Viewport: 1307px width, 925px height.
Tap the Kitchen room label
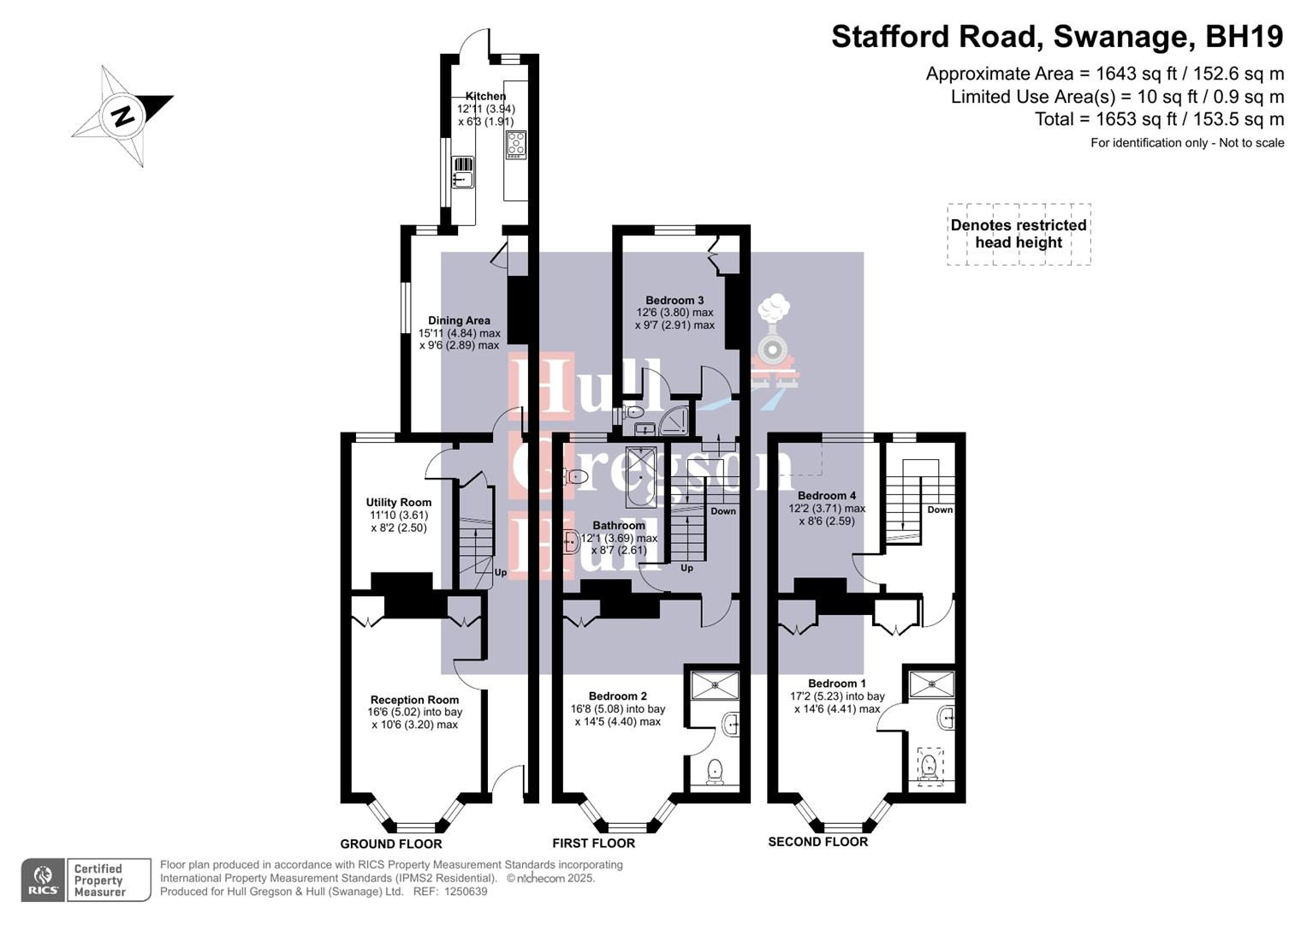point(485,96)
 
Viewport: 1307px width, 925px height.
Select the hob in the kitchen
point(516,144)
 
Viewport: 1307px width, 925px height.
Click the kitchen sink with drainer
point(462,172)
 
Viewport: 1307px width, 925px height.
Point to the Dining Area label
point(459,320)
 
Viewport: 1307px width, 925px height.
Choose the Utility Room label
point(398,503)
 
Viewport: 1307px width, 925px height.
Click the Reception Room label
point(414,700)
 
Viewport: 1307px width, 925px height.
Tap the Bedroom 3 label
point(674,301)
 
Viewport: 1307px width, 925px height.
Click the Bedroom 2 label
point(617,696)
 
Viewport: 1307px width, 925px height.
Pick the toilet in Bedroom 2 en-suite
point(715,773)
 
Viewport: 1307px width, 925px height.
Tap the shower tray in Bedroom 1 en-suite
point(930,683)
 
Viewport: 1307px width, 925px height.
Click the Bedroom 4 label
point(826,496)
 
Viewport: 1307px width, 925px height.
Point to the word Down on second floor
point(940,510)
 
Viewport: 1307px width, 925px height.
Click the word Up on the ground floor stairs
point(501,572)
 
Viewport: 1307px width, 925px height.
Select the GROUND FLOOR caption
point(391,844)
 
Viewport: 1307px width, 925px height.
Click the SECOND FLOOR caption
point(817,842)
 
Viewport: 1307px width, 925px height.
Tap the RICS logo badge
point(43,880)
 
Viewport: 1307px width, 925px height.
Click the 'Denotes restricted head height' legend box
point(1019,234)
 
